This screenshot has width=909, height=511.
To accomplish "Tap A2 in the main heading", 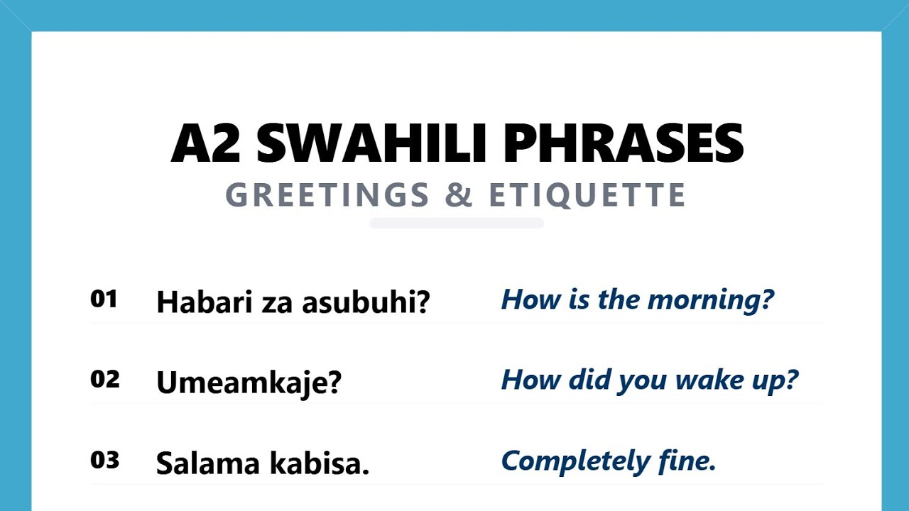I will [x=205, y=144].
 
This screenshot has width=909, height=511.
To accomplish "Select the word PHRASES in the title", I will [x=623, y=144].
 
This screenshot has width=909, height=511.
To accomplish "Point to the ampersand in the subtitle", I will [x=459, y=196].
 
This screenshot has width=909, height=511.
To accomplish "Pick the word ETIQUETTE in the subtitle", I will [x=588, y=196].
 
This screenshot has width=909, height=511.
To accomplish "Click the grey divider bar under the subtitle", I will [x=457, y=224].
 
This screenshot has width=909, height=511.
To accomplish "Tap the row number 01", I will [x=104, y=300].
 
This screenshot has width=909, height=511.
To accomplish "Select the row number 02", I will [x=104, y=380].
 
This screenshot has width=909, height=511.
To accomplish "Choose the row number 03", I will [x=104, y=461].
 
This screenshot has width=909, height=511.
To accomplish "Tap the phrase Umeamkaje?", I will [x=249, y=383].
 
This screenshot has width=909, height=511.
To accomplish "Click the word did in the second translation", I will [x=590, y=380].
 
